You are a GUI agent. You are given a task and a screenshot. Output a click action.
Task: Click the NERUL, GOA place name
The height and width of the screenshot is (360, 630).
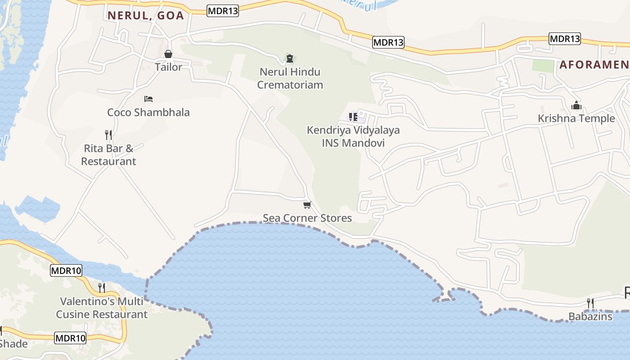click(x=145, y=16)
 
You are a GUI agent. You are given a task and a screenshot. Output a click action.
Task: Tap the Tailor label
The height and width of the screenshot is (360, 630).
click(x=168, y=67)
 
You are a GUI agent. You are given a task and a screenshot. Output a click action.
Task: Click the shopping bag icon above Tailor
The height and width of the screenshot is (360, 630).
click(x=168, y=54)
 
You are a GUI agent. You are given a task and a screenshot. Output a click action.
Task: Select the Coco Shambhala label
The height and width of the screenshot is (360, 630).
click(x=148, y=112)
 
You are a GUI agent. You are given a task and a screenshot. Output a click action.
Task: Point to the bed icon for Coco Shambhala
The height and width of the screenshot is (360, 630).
click(x=148, y=99)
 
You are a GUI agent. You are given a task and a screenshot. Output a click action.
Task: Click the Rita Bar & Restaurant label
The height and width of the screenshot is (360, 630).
click(x=108, y=154)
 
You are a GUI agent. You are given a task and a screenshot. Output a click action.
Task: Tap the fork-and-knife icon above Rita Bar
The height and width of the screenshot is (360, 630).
click(x=108, y=135)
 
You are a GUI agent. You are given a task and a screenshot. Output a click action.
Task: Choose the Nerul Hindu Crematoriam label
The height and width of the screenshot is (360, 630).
click(x=290, y=78)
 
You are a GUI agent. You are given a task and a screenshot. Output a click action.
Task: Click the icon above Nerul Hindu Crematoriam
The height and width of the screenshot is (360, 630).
click(x=289, y=58)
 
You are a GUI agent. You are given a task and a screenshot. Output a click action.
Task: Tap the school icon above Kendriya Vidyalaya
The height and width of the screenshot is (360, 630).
click(x=353, y=117)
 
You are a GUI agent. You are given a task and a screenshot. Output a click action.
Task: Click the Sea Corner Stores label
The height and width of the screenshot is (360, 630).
click(x=307, y=218)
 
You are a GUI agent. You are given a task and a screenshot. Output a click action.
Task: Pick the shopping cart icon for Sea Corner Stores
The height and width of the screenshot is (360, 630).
click(x=307, y=205)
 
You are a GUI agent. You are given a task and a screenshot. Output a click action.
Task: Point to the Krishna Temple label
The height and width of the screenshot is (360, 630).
click(x=576, y=118)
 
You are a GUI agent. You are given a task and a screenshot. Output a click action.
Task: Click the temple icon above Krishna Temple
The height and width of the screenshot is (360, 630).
click(x=576, y=106)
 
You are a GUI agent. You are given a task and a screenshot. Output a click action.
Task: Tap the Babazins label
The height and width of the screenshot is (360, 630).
click(x=590, y=316)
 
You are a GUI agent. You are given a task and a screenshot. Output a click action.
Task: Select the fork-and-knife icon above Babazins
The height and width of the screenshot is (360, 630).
click(x=590, y=303)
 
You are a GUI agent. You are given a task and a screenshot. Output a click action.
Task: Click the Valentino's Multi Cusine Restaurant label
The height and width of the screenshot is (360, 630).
click(x=102, y=307)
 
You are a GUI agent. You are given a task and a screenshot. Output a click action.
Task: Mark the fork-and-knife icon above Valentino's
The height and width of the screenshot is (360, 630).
click(x=102, y=288)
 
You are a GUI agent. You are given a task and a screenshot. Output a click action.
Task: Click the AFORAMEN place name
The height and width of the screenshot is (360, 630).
click(x=594, y=65)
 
